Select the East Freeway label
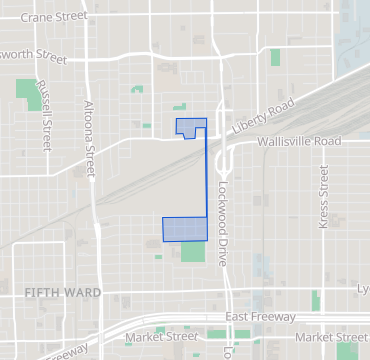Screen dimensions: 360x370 [260, 317]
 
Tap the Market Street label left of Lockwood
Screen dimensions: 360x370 [157, 337]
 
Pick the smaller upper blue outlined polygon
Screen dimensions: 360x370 [190, 127]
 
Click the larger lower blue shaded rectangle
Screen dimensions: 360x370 [184, 228]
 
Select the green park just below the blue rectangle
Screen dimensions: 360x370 [193, 250]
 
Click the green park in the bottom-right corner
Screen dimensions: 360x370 [347, 350]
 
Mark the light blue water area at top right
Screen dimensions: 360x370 [356, 30]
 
